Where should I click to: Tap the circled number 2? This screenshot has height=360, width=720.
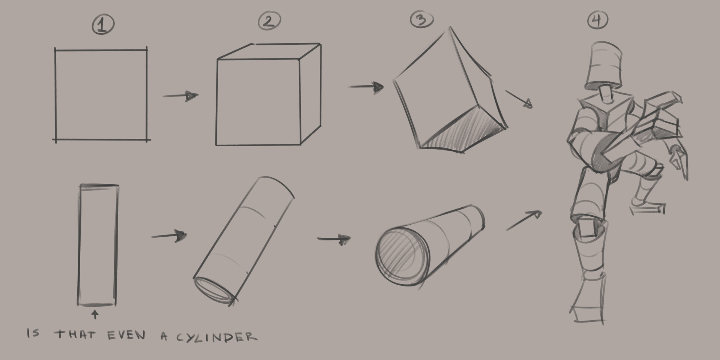pyautogui.click(x=269, y=21)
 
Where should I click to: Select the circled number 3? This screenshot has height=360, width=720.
pyautogui.click(x=421, y=19)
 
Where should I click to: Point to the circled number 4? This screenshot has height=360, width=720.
pyautogui.click(x=597, y=20)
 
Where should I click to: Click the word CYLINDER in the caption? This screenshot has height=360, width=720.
pyautogui.click(x=217, y=337)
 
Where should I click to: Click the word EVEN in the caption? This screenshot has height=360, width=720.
pyautogui.click(x=126, y=335)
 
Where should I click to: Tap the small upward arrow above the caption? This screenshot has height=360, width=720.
pyautogui.click(x=95, y=314)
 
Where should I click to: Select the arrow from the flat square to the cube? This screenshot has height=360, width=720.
pyautogui.click(x=180, y=96)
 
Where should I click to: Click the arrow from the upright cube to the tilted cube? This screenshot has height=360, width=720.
pyautogui.click(x=366, y=87)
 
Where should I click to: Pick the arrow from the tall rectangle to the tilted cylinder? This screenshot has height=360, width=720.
pyautogui.click(x=169, y=236)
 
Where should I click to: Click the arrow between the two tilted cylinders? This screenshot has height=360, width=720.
pyautogui.click(x=333, y=239)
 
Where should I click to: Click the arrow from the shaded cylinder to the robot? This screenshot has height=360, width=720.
pyautogui.click(x=524, y=220)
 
